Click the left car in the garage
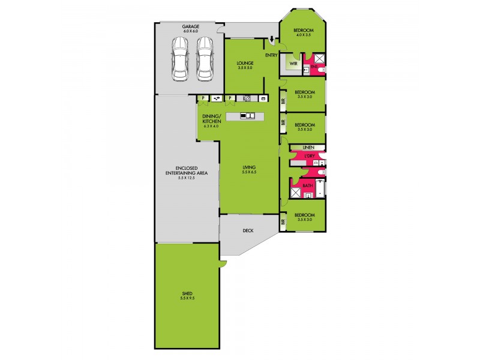pos(180,58)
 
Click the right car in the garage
pos(205,58)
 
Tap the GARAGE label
pos(191,26)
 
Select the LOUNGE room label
pos(245,62)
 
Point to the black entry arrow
pos(272,41)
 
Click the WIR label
pos(293,62)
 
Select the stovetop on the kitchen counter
pos(247,98)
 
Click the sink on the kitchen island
pos(248,116)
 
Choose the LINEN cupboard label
pos(308,147)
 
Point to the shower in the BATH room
pos(295,193)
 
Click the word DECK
pos(248,230)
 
